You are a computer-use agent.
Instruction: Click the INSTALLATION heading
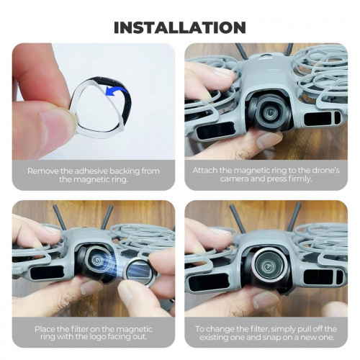click(x=180, y=27)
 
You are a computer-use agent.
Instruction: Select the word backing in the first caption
click(x=125, y=171)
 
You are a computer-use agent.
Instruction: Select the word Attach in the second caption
click(x=204, y=171)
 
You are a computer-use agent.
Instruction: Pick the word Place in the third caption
click(x=45, y=329)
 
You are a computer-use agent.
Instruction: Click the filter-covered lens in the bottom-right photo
click(x=266, y=265)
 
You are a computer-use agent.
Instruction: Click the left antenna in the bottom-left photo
click(x=60, y=217)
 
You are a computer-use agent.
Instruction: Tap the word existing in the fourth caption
click(x=215, y=338)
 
